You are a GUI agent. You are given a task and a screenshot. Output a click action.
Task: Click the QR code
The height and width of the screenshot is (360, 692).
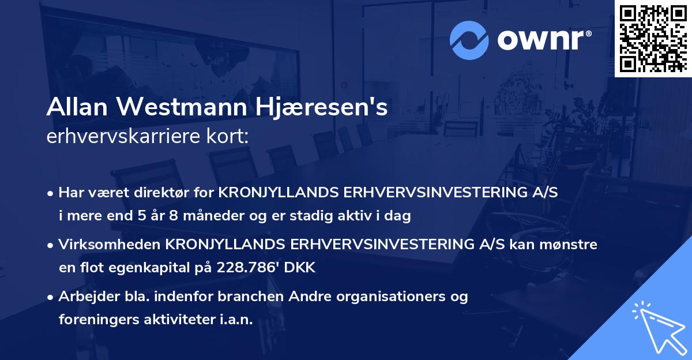(x=653, y=38)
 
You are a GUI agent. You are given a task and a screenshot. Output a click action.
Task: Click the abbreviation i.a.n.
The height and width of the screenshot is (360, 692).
(x=236, y=321)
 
